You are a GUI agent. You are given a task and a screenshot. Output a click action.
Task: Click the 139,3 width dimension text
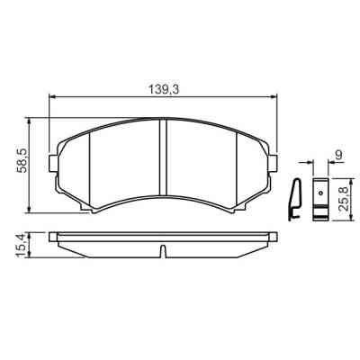pos(160,88)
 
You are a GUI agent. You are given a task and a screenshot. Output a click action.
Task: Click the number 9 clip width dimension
pos(338,157)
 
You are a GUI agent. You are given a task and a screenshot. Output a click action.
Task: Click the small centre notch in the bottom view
pos(163,250)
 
